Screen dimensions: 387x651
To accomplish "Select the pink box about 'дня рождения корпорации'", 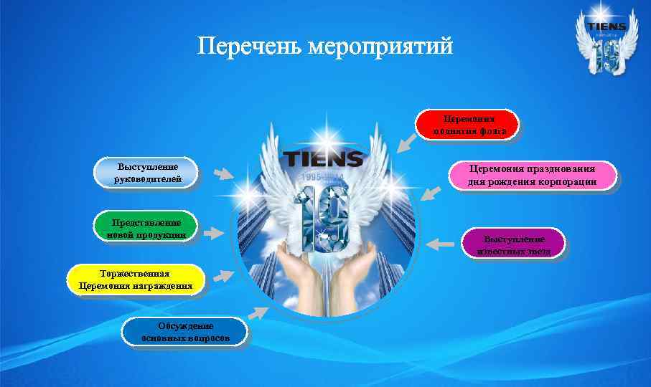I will (532, 176).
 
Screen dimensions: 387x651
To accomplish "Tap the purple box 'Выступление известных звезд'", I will (514, 244).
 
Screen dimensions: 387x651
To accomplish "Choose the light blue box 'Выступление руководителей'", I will (148, 173).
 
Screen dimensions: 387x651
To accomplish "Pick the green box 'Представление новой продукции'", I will (146, 227).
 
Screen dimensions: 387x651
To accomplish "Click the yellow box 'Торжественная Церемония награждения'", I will (136, 280).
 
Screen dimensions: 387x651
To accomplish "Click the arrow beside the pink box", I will (431, 193).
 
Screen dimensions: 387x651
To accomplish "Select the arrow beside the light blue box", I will (223, 174).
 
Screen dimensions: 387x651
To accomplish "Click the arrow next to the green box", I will (214, 232).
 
